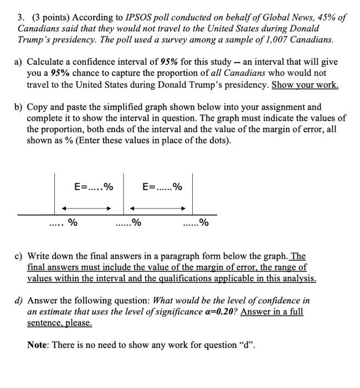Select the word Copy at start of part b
tap(38, 106)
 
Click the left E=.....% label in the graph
tap(94, 187)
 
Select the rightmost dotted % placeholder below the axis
tap(196, 223)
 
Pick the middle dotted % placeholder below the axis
tap(128, 223)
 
